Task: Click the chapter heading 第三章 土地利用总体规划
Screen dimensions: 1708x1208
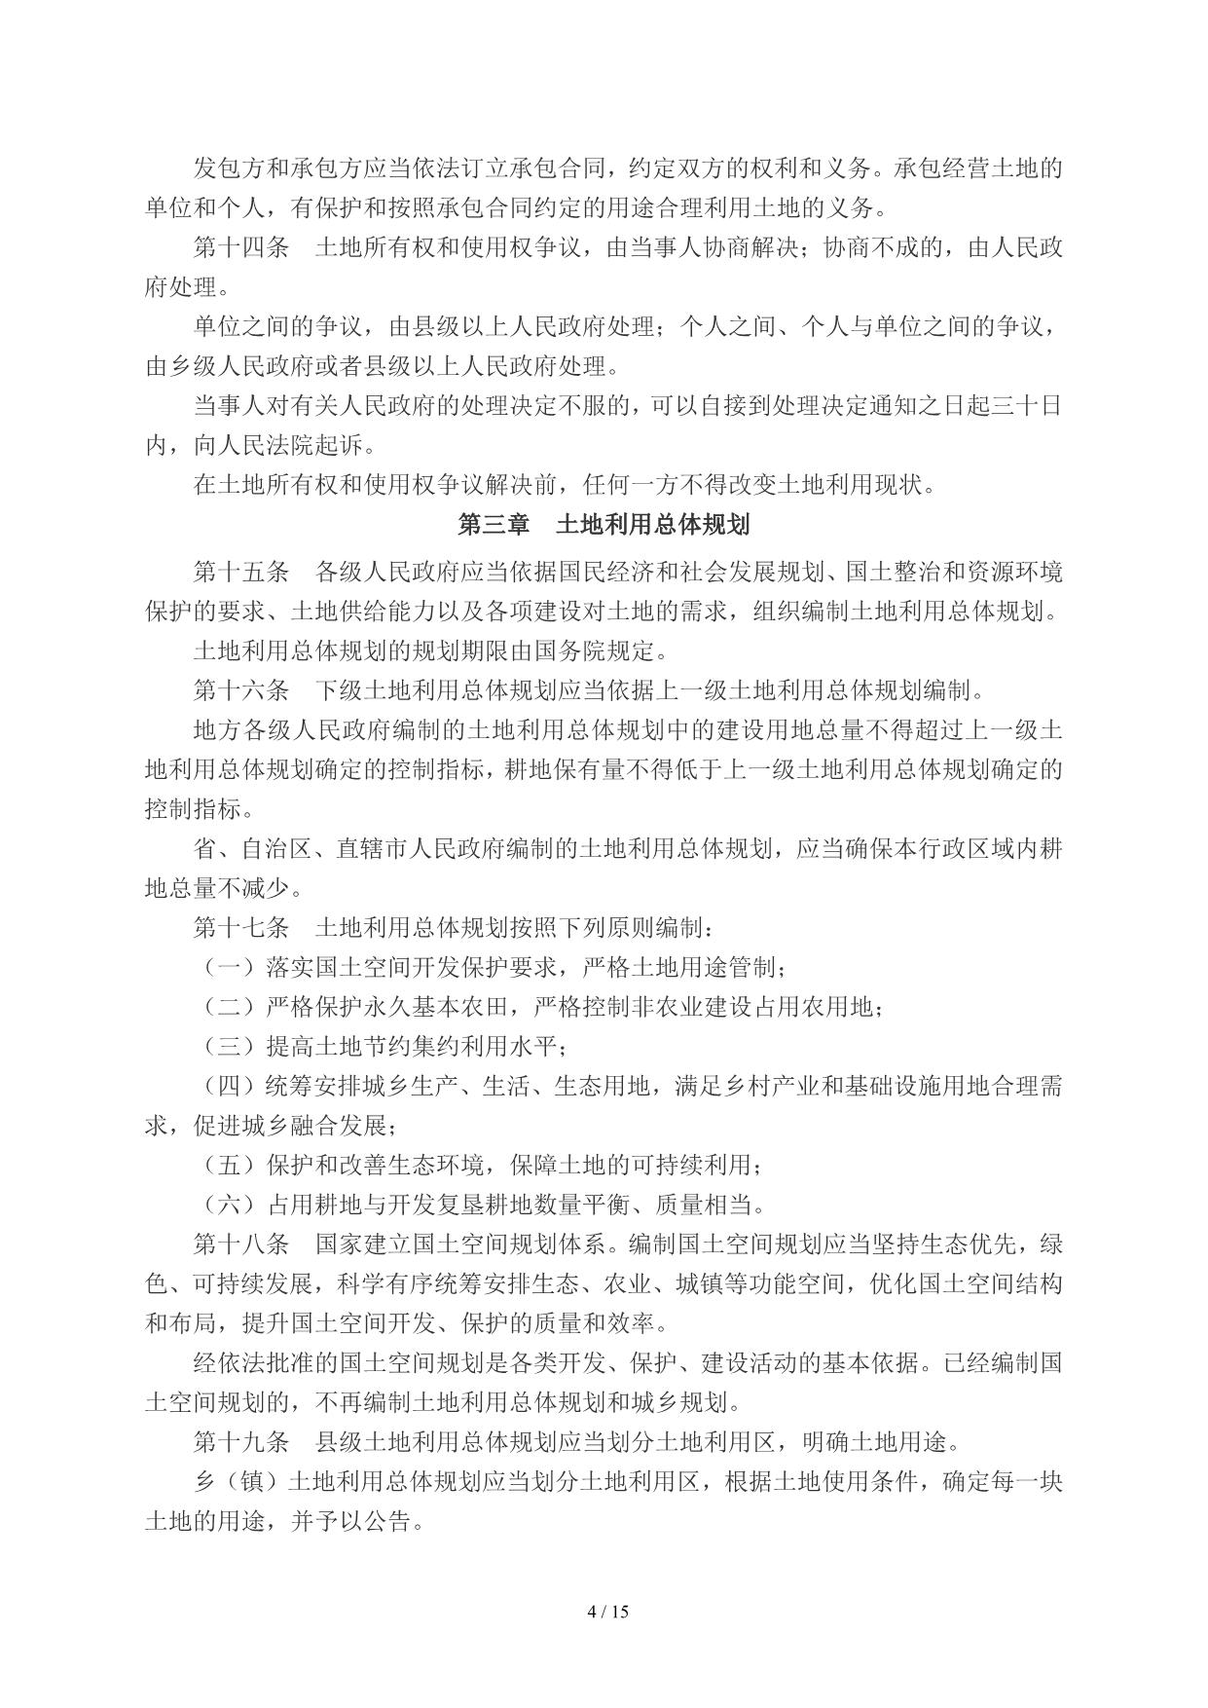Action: click(604, 526)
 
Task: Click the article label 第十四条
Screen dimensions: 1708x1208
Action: click(240, 248)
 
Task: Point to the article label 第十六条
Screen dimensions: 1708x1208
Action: click(240, 691)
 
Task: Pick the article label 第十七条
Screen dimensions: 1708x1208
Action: click(240, 927)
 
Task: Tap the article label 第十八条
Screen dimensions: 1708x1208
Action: click(240, 1244)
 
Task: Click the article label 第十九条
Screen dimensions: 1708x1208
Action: click(240, 1442)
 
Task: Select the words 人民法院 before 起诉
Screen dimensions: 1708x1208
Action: click(253, 447)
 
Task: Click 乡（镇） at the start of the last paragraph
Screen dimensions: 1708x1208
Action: click(240, 1482)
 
